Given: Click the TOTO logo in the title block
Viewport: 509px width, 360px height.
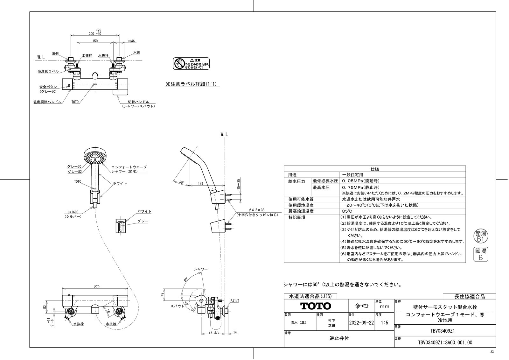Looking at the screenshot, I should (316, 306).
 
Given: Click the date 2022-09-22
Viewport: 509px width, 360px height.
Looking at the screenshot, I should (362, 322).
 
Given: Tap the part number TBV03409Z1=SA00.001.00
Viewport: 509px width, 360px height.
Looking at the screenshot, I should (445, 342).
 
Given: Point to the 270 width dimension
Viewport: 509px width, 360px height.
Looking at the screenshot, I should (97, 287).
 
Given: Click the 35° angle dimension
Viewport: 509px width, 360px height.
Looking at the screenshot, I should (182, 182).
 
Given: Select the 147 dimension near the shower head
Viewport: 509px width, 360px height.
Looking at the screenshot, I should (200, 184).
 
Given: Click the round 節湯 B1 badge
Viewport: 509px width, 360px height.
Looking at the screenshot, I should (480, 236).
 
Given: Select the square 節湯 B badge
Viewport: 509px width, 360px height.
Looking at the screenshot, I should (480, 254).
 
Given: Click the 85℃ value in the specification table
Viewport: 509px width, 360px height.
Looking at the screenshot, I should (347, 211).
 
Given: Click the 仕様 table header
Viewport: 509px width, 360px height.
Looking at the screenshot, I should (374, 169).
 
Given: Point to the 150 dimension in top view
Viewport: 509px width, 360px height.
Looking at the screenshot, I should (95, 41).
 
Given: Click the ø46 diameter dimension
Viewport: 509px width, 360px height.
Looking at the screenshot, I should (131, 41).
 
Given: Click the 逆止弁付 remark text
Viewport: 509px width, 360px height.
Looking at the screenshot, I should (339, 338).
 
